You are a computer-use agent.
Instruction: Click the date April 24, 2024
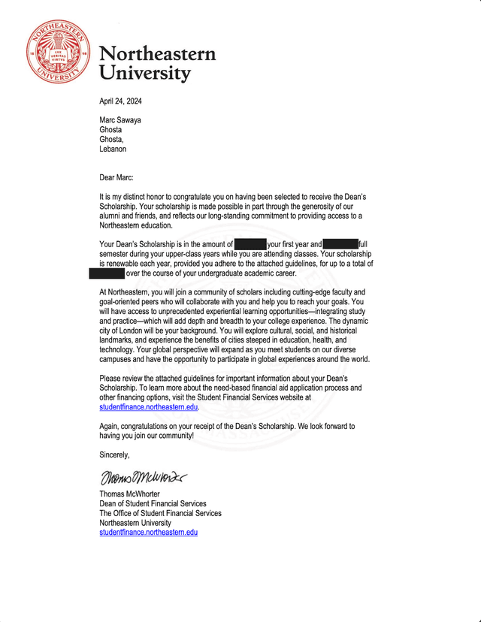(x=121, y=101)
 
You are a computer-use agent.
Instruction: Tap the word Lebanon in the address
(x=113, y=149)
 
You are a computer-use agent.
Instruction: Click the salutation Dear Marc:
(x=121, y=177)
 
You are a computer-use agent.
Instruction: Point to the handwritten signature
(x=143, y=477)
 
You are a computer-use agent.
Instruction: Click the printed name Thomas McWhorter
(x=133, y=494)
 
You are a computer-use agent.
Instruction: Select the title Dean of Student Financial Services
(x=153, y=503)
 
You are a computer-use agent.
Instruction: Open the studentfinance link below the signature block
(x=148, y=533)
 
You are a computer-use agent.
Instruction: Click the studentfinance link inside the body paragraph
(x=148, y=407)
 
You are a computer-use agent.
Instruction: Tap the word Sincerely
(x=114, y=454)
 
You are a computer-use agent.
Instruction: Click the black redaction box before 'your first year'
(x=250, y=244)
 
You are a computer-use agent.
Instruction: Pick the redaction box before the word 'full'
(x=340, y=244)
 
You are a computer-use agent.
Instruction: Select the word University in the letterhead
(x=145, y=74)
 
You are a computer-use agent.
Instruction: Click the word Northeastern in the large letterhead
(x=157, y=54)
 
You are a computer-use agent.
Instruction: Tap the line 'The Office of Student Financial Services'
(x=160, y=513)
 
